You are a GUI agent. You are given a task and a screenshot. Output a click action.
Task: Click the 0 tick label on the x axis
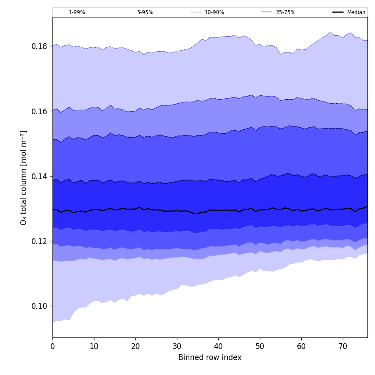tap(52, 347)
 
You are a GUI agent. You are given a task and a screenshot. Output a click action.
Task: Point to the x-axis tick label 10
tap(94, 347)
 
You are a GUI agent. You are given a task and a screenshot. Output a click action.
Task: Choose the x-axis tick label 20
tap(135, 347)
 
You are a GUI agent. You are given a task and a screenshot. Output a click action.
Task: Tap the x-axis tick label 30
tap(177, 347)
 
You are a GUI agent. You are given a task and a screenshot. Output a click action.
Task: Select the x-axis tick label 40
tap(218, 347)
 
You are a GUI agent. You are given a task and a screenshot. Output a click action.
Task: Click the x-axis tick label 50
tap(260, 347)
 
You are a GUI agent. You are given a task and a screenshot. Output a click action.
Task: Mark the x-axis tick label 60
tap(301, 347)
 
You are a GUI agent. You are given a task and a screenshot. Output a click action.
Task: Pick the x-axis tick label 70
tap(343, 347)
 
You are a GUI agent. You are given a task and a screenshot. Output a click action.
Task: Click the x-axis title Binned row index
tap(210, 358)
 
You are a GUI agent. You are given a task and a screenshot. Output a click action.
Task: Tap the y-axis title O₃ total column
tap(24, 177)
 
